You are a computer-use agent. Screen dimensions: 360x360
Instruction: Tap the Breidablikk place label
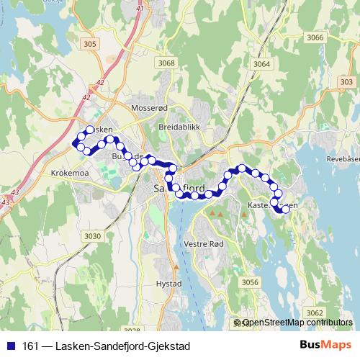coord(179,127)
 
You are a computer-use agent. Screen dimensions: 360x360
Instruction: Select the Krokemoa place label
coord(69,174)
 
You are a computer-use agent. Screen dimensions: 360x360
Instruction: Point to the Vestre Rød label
coord(204,243)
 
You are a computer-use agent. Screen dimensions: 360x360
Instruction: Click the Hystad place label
coord(168,284)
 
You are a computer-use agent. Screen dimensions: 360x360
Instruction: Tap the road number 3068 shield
coord(166,63)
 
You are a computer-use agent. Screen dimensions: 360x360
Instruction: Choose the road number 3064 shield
coord(261,65)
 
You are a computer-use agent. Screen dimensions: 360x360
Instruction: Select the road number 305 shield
coord(90,45)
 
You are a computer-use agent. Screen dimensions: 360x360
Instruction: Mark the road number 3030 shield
coord(92,236)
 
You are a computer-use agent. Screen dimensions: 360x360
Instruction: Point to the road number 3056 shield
coord(250,282)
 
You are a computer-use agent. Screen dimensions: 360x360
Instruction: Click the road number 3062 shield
coord(314,312)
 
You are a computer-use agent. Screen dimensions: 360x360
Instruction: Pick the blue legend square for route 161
coord(12,346)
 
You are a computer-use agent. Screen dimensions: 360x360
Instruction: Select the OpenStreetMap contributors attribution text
coord(297,323)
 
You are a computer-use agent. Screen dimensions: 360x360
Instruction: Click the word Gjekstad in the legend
coord(167,346)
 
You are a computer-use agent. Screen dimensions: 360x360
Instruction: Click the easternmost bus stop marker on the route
coord(286,210)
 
